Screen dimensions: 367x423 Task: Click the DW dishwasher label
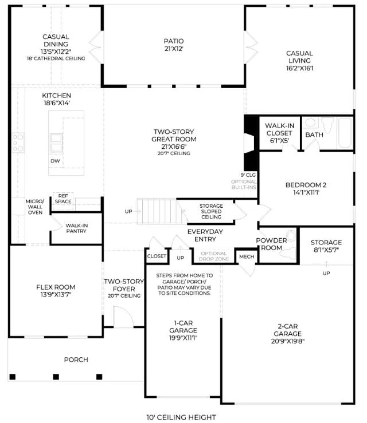55,161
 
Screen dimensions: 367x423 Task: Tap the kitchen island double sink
56,143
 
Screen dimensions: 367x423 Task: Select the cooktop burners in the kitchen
18,143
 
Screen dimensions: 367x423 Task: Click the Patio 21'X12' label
174,45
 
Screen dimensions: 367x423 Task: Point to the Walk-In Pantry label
76,228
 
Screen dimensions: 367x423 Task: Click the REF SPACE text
63,199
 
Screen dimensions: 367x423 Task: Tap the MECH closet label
247,257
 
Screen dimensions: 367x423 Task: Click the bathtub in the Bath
345,133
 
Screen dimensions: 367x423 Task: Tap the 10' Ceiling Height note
181,417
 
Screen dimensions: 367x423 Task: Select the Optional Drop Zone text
214,256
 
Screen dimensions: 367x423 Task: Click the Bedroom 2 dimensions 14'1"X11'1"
306,193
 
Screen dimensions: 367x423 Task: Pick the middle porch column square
56,377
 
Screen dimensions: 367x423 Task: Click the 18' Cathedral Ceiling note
56,58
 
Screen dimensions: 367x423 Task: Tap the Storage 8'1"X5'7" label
326,246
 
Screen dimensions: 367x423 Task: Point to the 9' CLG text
248,175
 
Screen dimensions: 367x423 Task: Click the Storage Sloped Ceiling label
212,212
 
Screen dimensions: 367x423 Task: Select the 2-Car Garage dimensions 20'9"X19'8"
288,341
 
